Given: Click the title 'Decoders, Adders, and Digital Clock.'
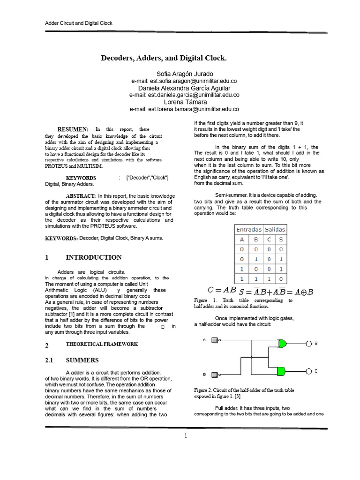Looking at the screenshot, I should click(164, 58).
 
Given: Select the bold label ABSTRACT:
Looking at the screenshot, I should click(81, 195).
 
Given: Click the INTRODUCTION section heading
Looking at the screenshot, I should click(94, 257).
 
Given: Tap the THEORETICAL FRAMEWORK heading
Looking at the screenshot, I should click(102, 344).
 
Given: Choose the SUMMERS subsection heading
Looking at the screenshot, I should click(82, 360).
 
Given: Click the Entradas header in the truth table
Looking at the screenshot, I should click(248, 229).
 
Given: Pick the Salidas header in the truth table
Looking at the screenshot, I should click(275, 229).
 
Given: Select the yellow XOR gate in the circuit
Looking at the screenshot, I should click(282, 344).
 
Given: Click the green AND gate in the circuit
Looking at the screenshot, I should click(281, 371).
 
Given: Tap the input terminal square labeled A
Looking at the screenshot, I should click(214, 340).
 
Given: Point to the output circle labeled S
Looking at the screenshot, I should click(308, 344).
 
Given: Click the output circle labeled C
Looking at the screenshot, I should click(308, 371).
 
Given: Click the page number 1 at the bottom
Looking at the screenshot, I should click(185, 435).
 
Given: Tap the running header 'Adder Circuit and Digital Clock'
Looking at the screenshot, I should click(78, 23).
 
